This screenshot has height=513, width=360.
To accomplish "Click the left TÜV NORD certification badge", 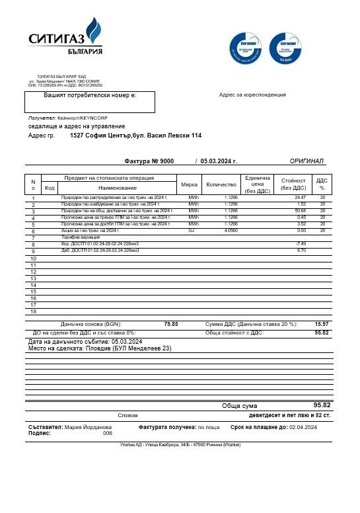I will (x=246, y=48).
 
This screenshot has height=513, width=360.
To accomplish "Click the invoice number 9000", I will (x=166, y=161).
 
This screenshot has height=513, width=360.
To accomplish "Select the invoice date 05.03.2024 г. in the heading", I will (x=219, y=161).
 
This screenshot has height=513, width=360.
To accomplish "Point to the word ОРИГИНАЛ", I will (x=306, y=161).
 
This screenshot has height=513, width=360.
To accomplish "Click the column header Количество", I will (x=221, y=185).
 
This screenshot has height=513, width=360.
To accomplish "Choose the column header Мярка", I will (x=190, y=185).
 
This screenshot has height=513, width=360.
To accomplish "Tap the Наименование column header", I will (x=118, y=188).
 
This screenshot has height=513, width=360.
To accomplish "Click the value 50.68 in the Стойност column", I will (x=301, y=211).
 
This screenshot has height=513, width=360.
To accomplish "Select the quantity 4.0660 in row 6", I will (x=231, y=231).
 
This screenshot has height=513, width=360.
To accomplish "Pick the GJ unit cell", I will (x=192, y=231).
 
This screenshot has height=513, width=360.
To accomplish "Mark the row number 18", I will (x=33, y=311).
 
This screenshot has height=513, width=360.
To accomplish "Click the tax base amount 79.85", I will (x=170, y=324).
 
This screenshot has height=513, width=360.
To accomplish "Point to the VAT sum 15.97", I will (x=322, y=324).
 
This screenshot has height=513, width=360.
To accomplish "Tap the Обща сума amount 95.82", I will (x=322, y=405).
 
